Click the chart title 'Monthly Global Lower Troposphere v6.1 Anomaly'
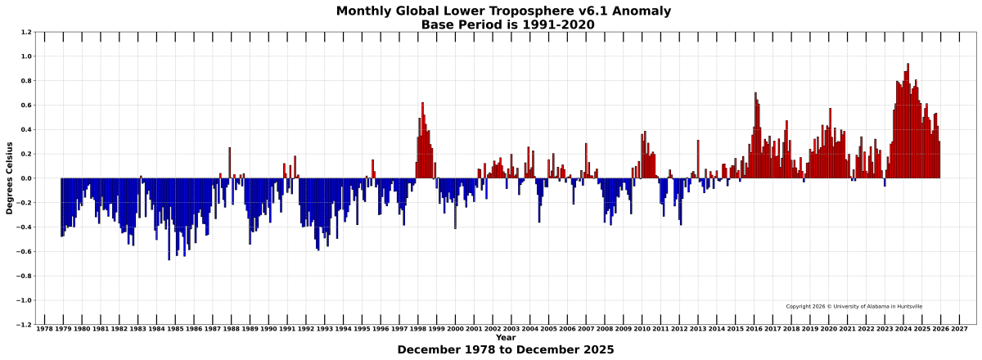tap(504, 11)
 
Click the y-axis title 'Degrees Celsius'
tap(10, 178)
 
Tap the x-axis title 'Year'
tap(505, 337)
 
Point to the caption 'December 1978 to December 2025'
tap(505, 350)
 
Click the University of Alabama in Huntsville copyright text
tap(854, 307)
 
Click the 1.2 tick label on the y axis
tap(27, 33)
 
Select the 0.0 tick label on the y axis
tap(27, 178)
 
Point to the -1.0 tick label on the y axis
tap(25, 300)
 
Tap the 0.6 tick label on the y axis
tap(27, 106)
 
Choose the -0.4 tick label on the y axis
tap(25, 227)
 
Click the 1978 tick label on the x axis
tap(45, 329)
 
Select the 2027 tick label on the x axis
tap(959, 329)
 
